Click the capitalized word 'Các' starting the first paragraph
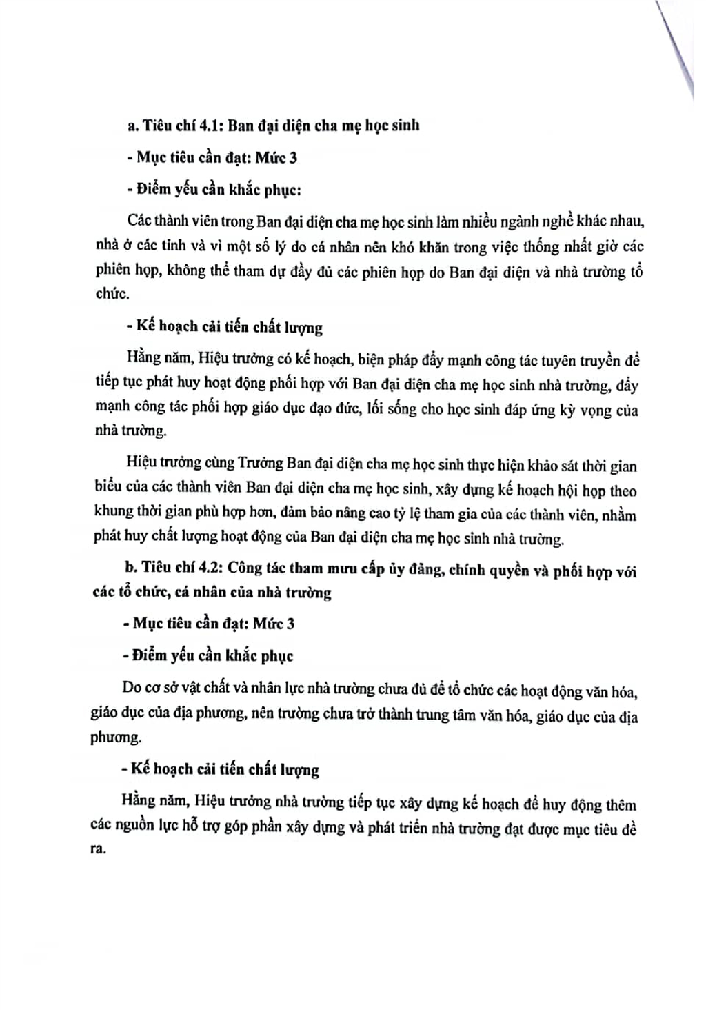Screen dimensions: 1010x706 141,221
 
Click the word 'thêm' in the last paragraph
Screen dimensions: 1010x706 621,805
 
